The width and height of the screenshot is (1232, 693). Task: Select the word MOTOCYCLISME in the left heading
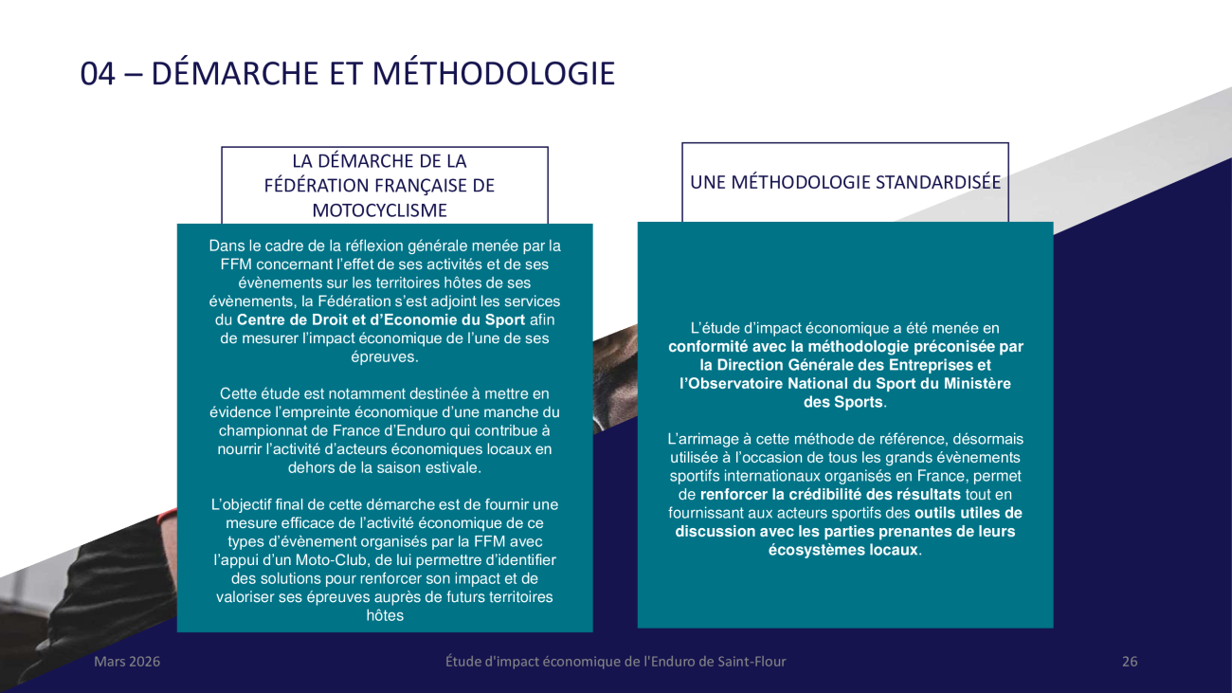[385, 210]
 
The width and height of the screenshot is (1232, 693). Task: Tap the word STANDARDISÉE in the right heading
[934, 182]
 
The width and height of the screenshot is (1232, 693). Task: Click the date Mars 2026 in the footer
[127, 662]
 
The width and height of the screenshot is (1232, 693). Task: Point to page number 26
[1130, 662]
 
